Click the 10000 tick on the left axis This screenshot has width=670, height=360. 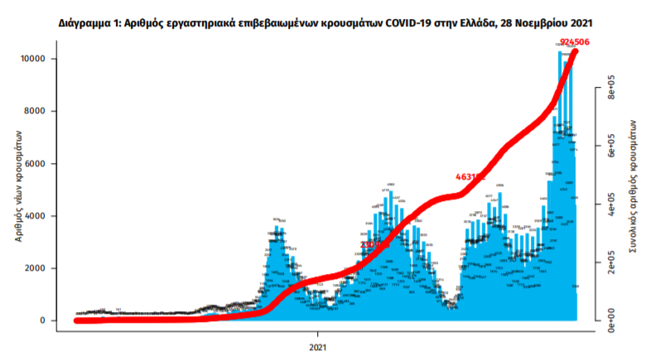pyautogui.click(x=39, y=59)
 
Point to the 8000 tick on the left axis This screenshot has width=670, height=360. pyautogui.click(x=41, y=111)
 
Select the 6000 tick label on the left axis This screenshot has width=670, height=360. pyautogui.click(x=41, y=164)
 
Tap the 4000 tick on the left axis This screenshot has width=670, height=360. pyautogui.click(x=41, y=216)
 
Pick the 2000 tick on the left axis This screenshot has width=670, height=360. pyautogui.click(x=41, y=268)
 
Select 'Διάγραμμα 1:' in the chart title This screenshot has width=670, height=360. pyautogui.click(x=89, y=25)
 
